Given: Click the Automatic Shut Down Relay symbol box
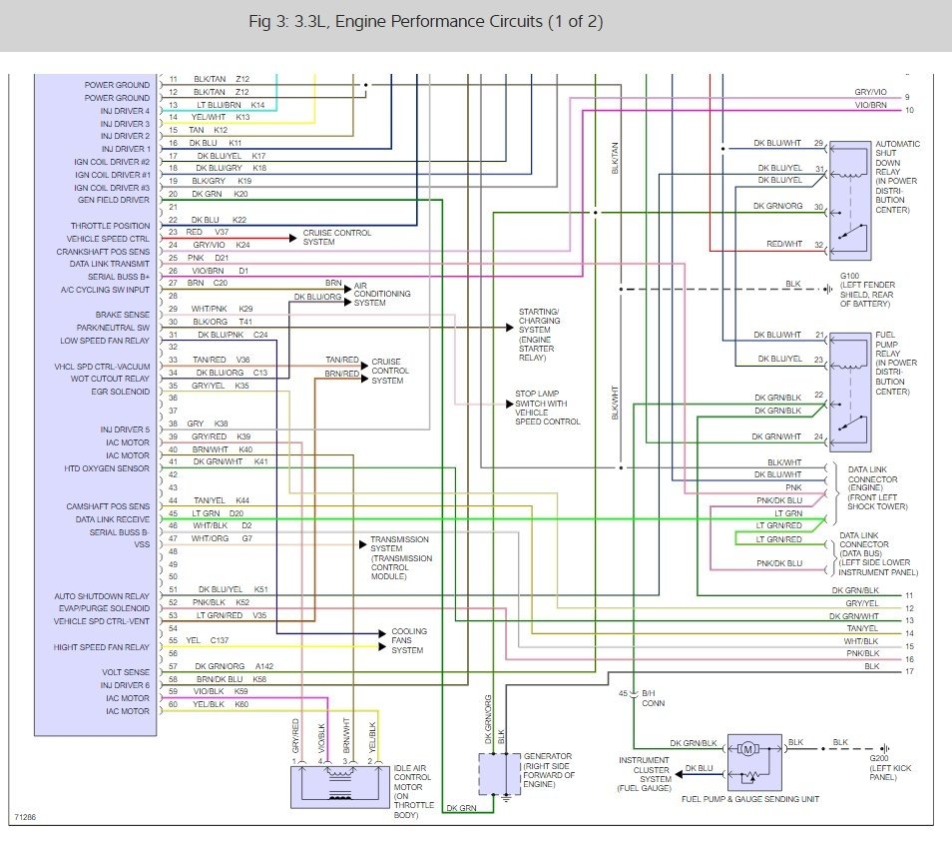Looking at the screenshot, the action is [850, 201].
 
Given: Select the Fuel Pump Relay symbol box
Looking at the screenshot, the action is [850, 393].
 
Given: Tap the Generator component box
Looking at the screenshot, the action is [500, 774].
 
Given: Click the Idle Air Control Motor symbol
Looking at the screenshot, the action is [340, 787].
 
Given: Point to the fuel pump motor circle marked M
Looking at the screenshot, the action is [748, 749].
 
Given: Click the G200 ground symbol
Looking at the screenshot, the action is [886, 749].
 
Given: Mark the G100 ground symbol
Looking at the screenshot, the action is [828, 290].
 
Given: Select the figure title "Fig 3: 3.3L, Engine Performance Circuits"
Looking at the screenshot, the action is [395, 22].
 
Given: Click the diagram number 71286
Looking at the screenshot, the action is [26, 817].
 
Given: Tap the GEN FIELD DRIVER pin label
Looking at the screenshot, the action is [114, 200].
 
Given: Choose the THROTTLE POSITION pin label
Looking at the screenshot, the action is [110, 226].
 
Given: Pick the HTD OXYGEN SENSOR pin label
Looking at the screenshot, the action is [107, 468].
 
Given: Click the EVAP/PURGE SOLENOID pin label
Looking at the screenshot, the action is [104, 608].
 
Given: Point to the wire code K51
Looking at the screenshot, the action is [261, 589].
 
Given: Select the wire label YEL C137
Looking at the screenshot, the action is [208, 640].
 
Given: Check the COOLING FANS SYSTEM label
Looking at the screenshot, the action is [409, 640].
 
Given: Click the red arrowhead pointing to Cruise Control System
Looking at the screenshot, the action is [293, 239].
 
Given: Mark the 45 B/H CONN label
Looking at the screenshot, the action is [642, 698].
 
